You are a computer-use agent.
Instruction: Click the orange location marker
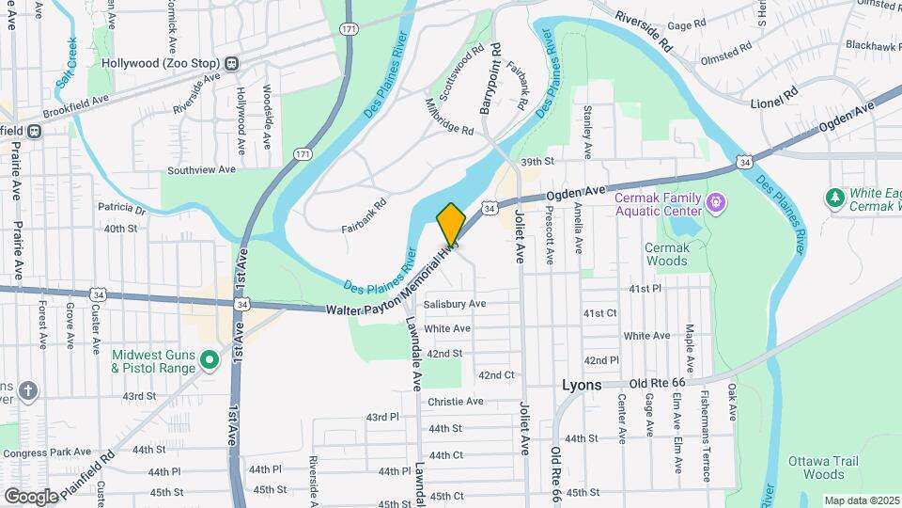point(451,224)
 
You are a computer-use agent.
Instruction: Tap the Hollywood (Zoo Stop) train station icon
point(230,64)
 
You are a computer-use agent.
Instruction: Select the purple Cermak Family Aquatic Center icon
point(716,201)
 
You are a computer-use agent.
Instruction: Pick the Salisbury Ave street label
point(454,304)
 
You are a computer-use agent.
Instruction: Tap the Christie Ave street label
point(455,402)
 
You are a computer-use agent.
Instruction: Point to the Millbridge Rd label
point(450,117)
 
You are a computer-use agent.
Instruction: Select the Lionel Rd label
point(773,95)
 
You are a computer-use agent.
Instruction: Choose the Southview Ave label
point(201,170)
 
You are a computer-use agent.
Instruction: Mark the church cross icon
point(29,390)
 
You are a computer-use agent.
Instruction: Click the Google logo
point(31,495)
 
